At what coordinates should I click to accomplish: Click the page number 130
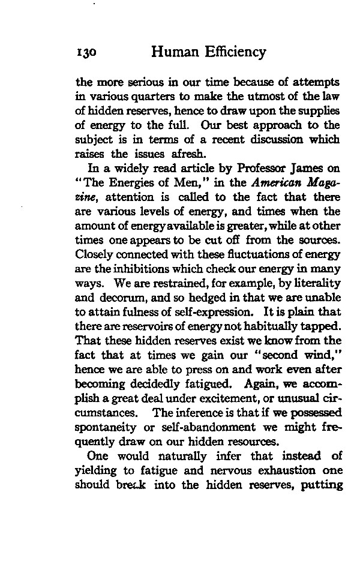(87, 53)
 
